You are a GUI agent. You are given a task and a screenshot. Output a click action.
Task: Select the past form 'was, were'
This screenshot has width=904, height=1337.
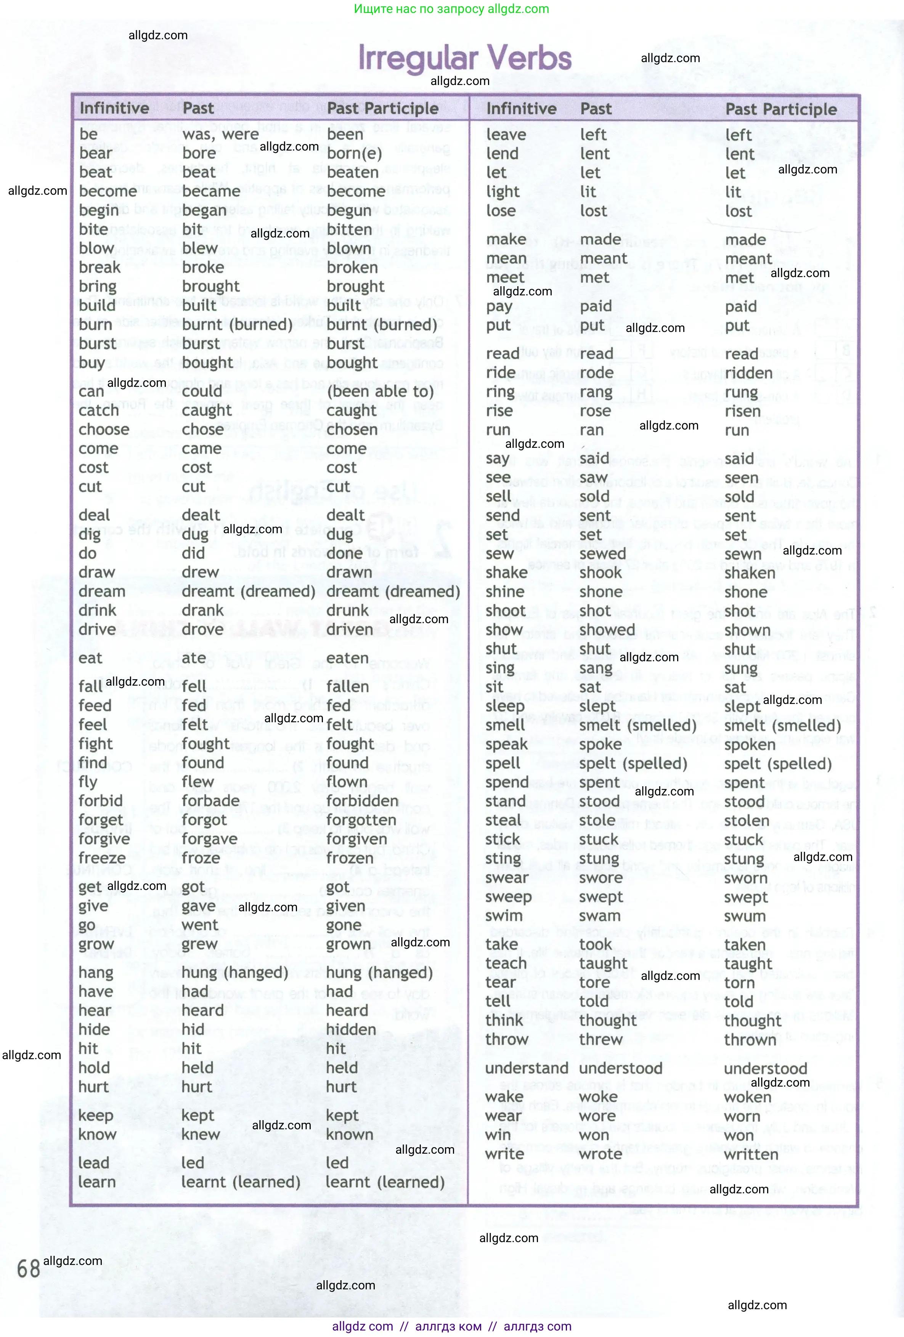click(x=220, y=135)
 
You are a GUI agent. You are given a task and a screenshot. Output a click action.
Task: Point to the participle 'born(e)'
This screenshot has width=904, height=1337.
click(x=354, y=154)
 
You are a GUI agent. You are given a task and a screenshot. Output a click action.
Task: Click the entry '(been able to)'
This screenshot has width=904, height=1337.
click(x=380, y=391)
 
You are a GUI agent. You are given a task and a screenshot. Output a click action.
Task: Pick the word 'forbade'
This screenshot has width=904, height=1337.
click(x=210, y=801)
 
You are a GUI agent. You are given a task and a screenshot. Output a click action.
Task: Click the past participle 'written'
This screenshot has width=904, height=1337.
click(x=751, y=1154)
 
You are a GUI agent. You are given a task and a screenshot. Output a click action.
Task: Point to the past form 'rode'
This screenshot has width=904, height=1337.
click(x=597, y=373)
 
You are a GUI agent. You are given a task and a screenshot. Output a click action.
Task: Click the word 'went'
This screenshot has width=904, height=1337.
click(x=200, y=925)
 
